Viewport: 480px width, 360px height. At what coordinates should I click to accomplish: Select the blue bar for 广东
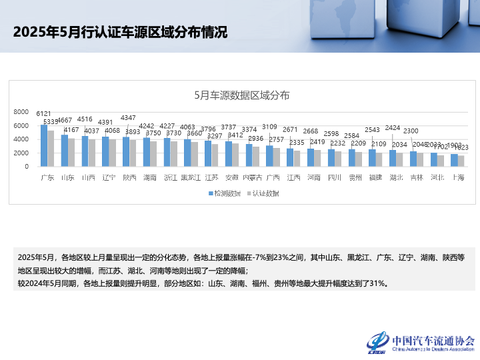point(44,146)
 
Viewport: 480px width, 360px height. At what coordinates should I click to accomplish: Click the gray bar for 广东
point(51,149)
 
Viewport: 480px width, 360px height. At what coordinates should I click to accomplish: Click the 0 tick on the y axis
point(27,167)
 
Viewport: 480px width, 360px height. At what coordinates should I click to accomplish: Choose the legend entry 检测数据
point(225,193)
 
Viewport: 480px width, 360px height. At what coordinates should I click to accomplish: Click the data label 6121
point(44,114)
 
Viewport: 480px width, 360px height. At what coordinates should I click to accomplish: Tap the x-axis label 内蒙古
point(252,177)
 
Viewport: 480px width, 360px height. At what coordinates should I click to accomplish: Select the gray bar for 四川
point(339,159)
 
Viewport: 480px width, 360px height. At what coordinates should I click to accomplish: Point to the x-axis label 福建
point(375,177)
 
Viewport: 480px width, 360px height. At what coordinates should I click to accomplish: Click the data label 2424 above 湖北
point(393,127)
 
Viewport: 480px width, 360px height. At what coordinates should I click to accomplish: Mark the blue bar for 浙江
point(167,152)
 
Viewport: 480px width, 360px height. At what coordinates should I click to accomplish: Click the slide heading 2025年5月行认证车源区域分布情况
point(120,32)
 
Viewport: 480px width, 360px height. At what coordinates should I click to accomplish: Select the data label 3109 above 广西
point(270,126)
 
